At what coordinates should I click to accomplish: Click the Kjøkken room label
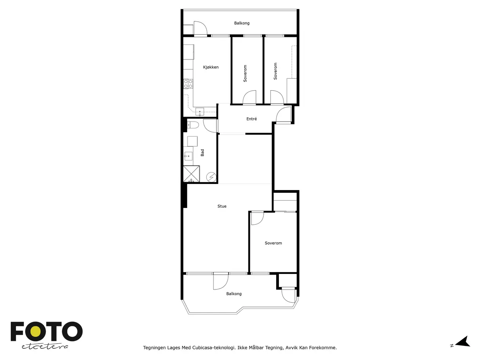[211, 67]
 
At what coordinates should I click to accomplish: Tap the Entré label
[251, 119]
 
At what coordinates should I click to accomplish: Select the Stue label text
[222, 206]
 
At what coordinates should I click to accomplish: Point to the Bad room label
[202, 152]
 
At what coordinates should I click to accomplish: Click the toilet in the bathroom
[193, 125]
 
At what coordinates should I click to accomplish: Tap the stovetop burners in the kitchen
[188, 84]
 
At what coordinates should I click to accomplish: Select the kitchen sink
[200, 112]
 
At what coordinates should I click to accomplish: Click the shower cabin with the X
[191, 174]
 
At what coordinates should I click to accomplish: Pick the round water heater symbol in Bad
[211, 177]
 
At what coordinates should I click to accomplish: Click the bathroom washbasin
[188, 156]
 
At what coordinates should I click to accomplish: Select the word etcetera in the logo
[45, 347]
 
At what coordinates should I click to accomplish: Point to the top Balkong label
[242, 23]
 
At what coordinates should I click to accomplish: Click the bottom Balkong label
[234, 294]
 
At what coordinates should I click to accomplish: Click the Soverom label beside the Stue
[273, 243]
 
